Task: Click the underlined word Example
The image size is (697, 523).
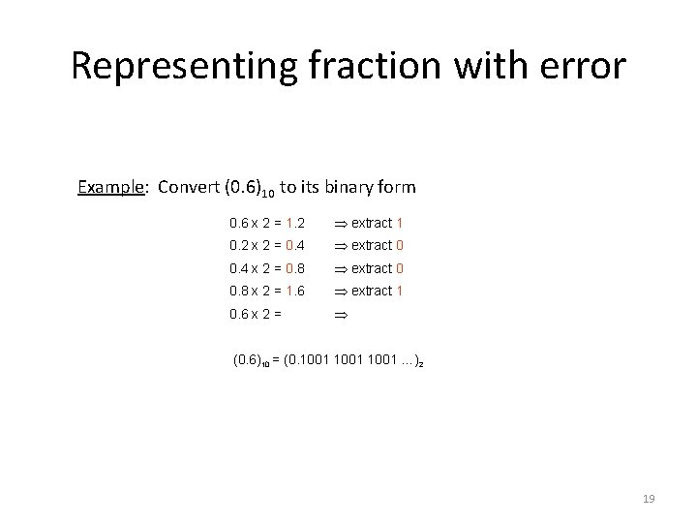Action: [x=111, y=186]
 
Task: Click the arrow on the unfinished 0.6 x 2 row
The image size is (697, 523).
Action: [x=340, y=314]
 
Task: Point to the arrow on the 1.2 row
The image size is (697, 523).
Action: [x=340, y=224]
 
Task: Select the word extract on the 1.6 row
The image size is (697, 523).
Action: [x=372, y=291]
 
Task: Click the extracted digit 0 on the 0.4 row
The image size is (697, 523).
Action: [x=400, y=246]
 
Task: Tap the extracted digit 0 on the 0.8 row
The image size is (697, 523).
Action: [x=400, y=268]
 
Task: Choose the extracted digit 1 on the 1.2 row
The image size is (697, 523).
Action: [x=400, y=224]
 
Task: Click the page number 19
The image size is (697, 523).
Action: [x=649, y=499]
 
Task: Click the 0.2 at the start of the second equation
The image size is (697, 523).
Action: [x=238, y=246]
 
